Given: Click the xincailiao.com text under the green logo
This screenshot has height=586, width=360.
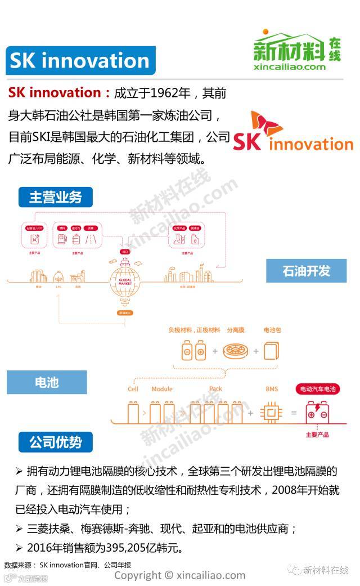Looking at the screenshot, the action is (x=289, y=66).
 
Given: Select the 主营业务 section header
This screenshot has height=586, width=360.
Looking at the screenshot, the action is (x=56, y=196).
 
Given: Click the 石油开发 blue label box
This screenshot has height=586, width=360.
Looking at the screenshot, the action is (x=306, y=271).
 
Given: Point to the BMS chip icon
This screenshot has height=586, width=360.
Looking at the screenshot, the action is (x=272, y=413).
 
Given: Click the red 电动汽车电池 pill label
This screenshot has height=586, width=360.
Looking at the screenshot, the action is (x=318, y=389).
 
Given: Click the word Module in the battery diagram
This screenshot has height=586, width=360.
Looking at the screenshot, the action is (x=162, y=389).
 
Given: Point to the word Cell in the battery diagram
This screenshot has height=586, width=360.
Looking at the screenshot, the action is (x=133, y=389).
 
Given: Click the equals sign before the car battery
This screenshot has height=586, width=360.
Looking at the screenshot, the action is (x=293, y=414).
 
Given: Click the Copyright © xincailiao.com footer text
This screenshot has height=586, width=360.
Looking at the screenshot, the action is (x=180, y=575).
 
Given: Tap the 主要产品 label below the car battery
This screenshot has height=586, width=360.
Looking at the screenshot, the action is (x=317, y=435).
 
